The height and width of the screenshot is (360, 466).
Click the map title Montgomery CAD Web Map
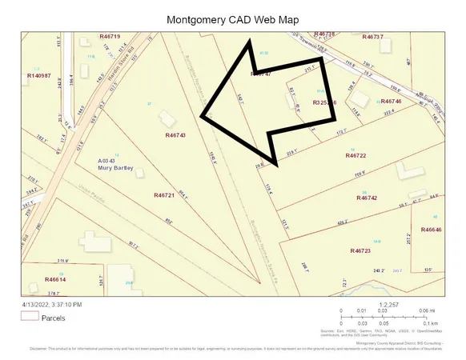(231, 19)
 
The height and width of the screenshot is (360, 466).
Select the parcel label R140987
(38, 75)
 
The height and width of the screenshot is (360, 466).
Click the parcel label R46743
(175, 136)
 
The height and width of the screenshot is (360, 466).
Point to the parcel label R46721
(163, 194)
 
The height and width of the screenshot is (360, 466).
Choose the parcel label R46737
(373, 37)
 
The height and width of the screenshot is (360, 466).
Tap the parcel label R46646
(430, 230)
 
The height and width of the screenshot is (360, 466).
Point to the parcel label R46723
(361, 251)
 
